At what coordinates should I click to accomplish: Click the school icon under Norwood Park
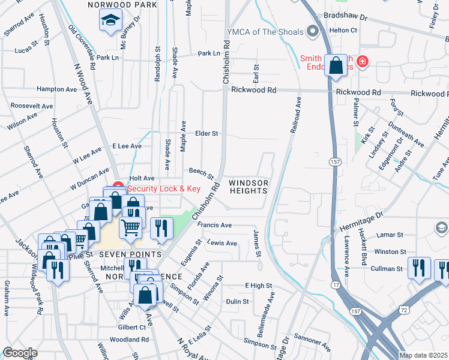(x=110, y=21)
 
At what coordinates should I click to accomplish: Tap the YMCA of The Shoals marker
(x=312, y=31)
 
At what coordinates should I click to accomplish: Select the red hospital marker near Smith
(x=362, y=61)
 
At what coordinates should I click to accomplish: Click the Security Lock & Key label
(x=163, y=188)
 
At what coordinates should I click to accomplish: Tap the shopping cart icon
(x=131, y=227)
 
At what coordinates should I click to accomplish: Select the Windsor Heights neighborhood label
(x=249, y=187)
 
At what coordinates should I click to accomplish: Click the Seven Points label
(x=131, y=254)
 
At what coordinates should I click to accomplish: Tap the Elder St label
(x=206, y=133)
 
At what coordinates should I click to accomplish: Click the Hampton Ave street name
(x=57, y=89)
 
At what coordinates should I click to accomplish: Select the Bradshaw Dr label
(x=345, y=16)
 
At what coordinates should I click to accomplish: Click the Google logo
(x=20, y=353)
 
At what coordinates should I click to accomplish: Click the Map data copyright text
(x=423, y=355)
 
